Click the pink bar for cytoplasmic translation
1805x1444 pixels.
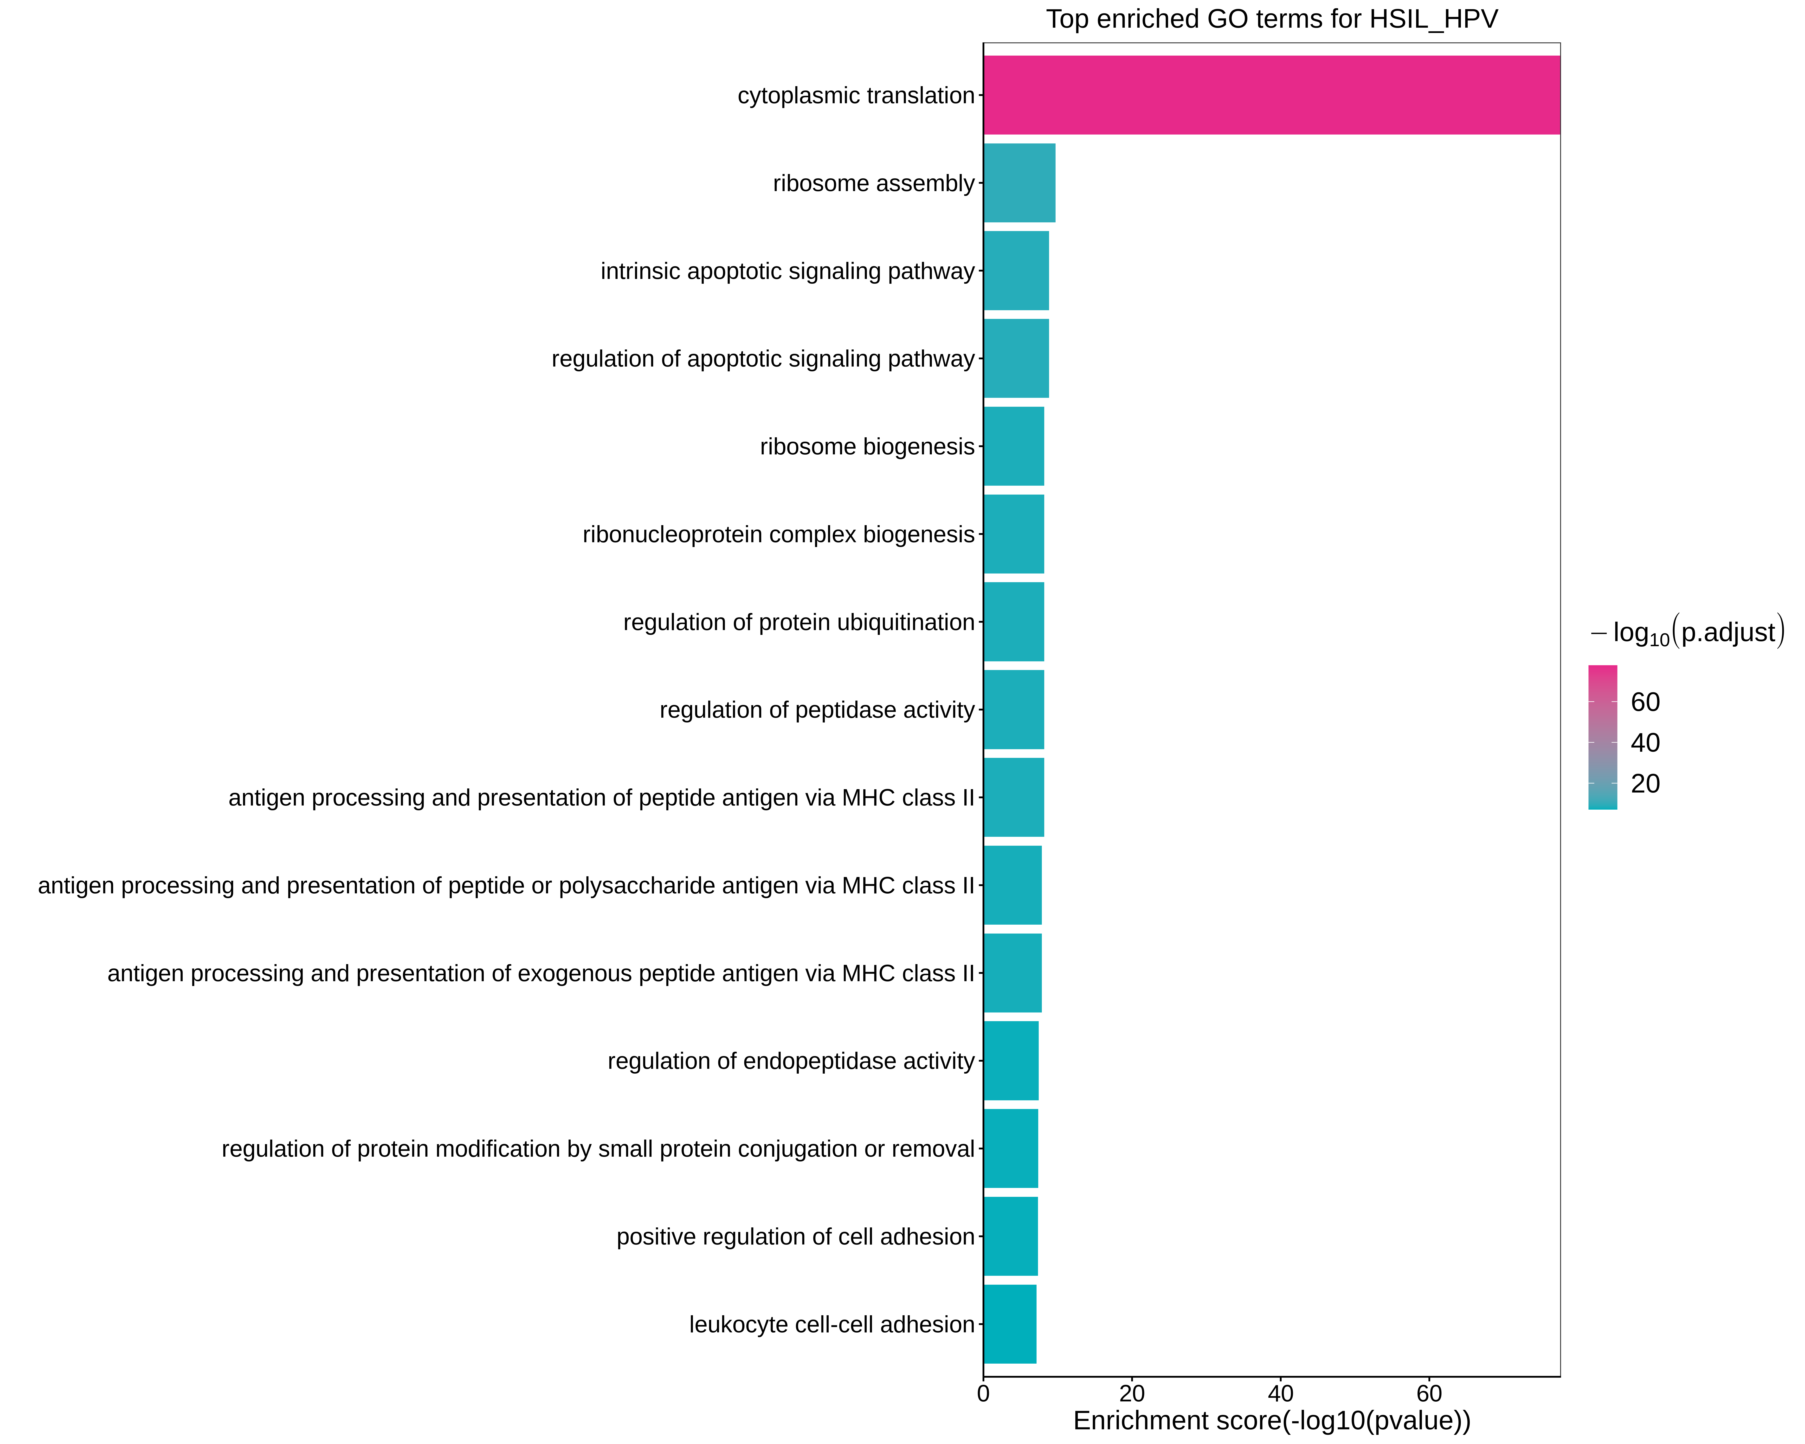pyautogui.click(x=1271, y=96)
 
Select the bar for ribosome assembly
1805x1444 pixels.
pyautogui.click(x=1019, y=183)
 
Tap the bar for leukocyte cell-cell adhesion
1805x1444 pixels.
pyautogui.click(x=1010, y=1324)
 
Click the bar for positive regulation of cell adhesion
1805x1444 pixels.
pyautogui.click(x=1011, y=1236)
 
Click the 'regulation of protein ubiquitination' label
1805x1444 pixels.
pyautogui.click(x=799, y=622)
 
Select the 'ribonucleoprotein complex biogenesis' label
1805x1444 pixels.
pyautogui.click(x=779, y=534)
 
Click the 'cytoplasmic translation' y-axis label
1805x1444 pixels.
pyautogui.click(x=856, y=96)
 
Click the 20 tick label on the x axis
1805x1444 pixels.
pyautogui.click(x=1132, y=1394)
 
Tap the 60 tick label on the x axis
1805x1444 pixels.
pyautogui.click(x=1429, y=1394)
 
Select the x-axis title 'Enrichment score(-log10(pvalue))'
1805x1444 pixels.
pyautogui.click(x=1271, y=1421)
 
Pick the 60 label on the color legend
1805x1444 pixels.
pyautogui.click(x=1645, y=702)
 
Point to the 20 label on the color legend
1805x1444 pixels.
pyautogui.click(x=1645, y=784)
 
